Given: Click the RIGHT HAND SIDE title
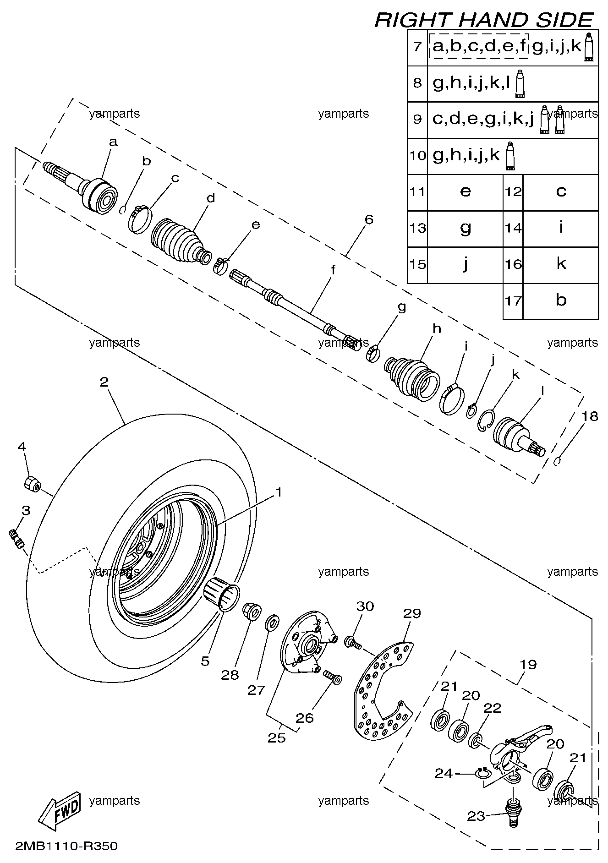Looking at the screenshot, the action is point(484,20).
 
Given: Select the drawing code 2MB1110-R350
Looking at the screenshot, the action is point(66,846).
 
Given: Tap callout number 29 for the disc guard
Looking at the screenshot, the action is point(411,613).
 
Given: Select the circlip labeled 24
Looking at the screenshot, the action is point(482,774).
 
